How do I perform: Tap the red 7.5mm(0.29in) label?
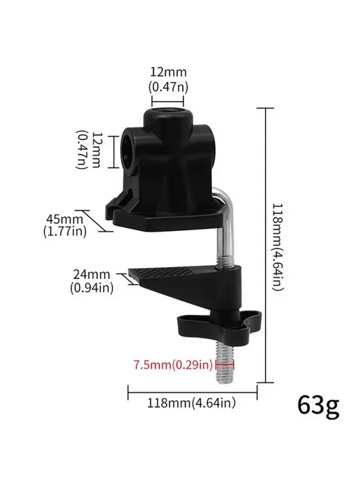point(173,365)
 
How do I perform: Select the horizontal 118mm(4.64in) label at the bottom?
point(192,403)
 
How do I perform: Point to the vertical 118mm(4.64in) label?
point(278,247)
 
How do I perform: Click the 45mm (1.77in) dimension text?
point(65,225)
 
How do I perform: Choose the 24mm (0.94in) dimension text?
point(91,281)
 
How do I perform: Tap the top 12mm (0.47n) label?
point(168,80)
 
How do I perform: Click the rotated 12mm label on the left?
point(88,150)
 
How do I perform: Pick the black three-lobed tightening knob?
point(220,324)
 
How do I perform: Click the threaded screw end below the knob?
point(225,361)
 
